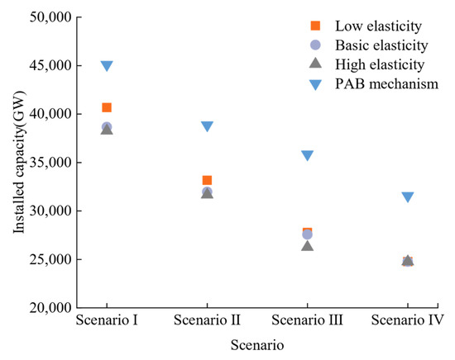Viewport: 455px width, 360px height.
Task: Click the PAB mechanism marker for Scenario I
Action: [x=107, y=66]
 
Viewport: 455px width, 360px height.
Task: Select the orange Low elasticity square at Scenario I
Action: [x=107, y=107]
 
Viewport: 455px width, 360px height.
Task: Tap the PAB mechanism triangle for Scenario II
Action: [x=207, y=126]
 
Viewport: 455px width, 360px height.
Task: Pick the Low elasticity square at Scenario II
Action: [x=207, y=180]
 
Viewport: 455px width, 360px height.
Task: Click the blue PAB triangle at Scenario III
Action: [x=307, y=155]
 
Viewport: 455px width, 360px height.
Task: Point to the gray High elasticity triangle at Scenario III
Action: [x=307, y=245]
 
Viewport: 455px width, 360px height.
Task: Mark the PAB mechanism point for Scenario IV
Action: [x=407, y=197]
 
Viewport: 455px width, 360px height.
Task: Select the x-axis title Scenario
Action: [x=256, y=345]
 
